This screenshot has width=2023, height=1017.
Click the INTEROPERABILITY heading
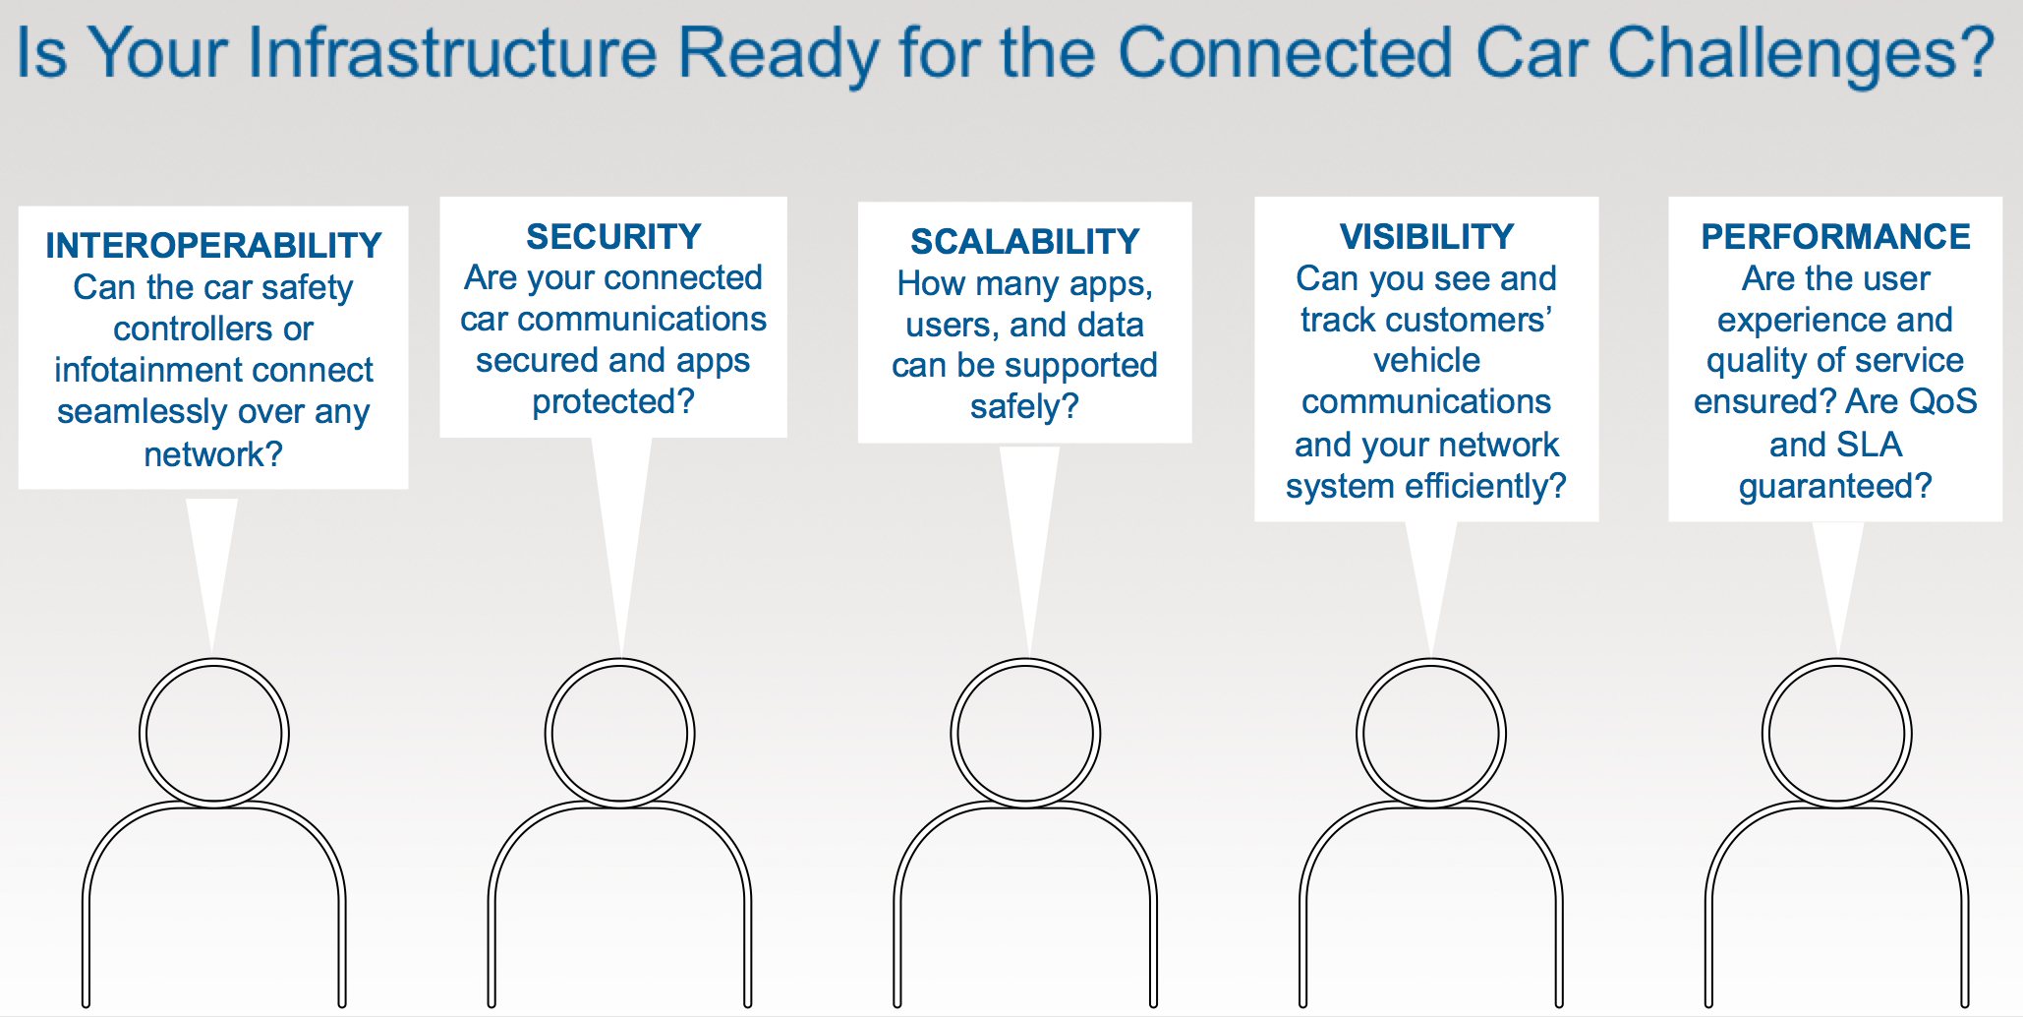click(213, 245)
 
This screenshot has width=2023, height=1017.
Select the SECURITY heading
click(613, 236)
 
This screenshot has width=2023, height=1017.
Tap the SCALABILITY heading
click(1025, 241)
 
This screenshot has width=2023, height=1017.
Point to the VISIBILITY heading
click(1426, 236)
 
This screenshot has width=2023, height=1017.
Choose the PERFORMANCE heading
click(1835, 236)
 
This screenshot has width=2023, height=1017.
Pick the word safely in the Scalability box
click(1013, 406)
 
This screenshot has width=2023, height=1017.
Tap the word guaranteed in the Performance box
click(1824, 487)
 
